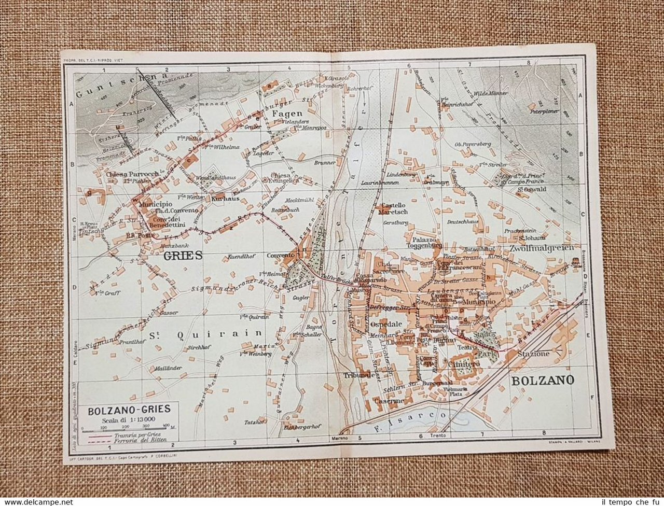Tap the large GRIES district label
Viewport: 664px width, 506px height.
click(181, 256)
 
